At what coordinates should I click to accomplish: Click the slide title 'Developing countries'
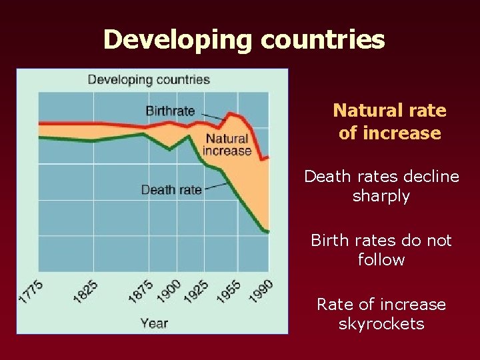244,40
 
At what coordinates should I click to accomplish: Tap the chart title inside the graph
149,80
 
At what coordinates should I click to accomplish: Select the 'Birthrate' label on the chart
170,111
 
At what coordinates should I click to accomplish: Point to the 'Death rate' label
171,190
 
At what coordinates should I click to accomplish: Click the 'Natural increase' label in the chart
227,145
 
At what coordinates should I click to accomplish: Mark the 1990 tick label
261,291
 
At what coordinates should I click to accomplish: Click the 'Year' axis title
154,323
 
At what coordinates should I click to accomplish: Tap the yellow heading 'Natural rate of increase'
389,121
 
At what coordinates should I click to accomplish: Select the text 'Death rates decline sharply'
381,186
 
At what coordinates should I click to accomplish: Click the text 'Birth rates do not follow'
381,249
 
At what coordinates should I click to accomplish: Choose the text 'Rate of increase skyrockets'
381,314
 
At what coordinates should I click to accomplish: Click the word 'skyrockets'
381,324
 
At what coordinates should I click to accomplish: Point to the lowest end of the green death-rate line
268,232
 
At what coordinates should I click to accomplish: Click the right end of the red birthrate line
268,158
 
